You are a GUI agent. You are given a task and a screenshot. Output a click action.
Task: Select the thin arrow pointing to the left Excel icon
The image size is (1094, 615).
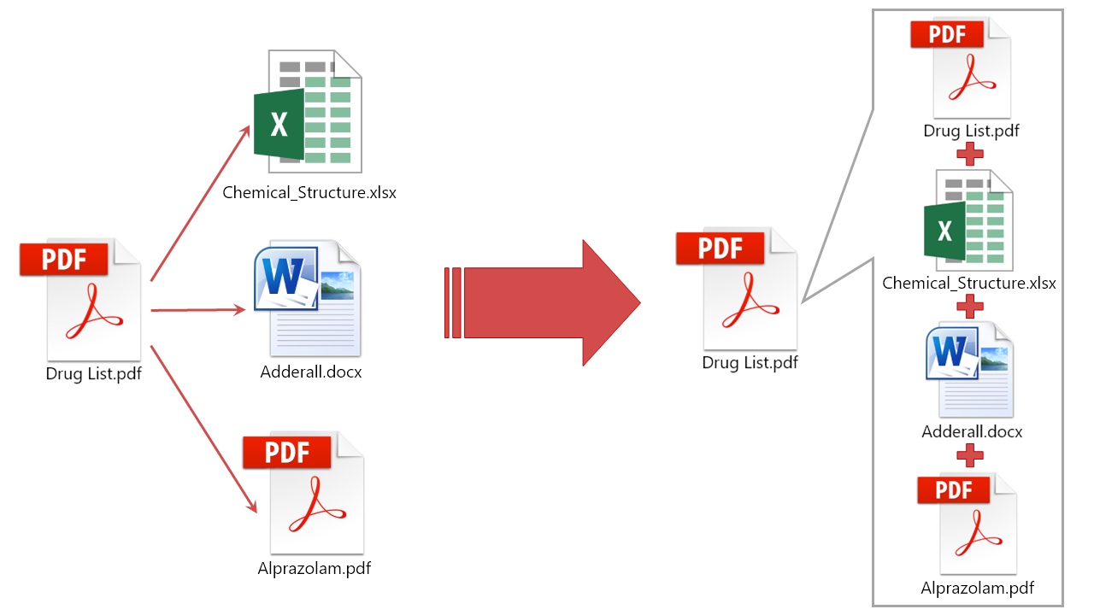pyautogui.click(x=202, y=202)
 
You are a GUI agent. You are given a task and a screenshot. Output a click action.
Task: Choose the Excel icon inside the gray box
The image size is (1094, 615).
pyautogui.click(x=969, y=220)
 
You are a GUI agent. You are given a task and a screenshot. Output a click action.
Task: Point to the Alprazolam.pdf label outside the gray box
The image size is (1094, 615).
pyautogui.click(x=315, y=568)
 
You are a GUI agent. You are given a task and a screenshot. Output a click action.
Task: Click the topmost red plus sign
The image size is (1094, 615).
pyautogui.click(x=969, y=155)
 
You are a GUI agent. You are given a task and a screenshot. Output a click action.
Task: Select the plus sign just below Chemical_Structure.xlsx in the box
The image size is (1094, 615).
pyautogui.click(x=969, y=305)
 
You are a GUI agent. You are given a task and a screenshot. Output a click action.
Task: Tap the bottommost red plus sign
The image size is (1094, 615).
pyautogui.click(x=969, y=454)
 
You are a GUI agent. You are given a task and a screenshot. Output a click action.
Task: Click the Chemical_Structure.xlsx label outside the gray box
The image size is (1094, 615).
pyautogui.click(x=309, y=192)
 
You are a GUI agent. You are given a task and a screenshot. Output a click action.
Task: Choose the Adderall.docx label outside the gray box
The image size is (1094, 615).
pyautogui.click(x=311, y=372)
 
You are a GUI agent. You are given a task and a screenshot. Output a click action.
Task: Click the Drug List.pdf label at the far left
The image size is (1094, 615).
pyautogui.click(x=93, y=373)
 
